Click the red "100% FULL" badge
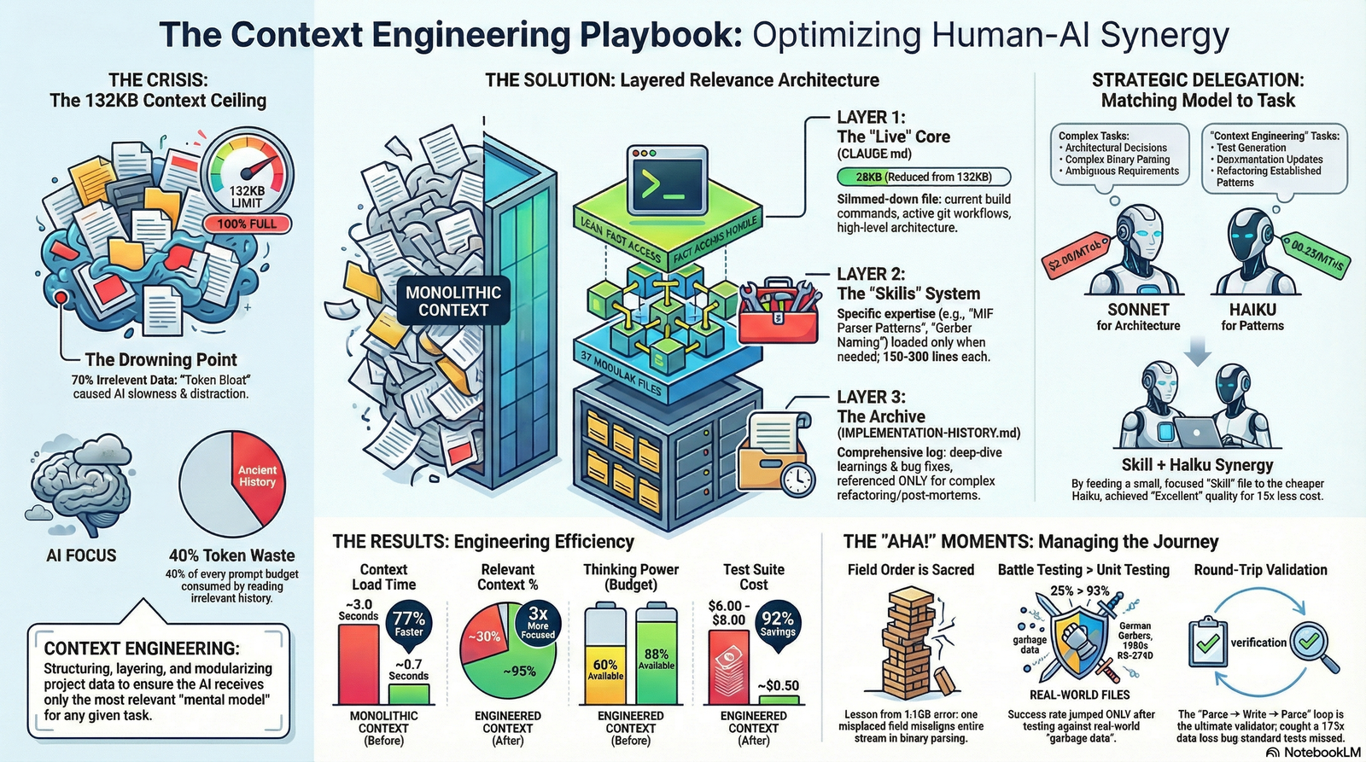tap(247, 224)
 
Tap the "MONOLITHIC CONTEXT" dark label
tap(453, 301)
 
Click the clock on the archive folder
tap(797, 479)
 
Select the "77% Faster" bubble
tap(408, 624)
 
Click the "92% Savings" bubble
tap(778, 624)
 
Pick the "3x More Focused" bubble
tap(538, 622)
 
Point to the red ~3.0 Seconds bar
tap(359, 664)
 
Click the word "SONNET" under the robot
tap(1138, 310)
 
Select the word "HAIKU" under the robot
tap(1252, 310)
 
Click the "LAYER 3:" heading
tap(871, 397)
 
